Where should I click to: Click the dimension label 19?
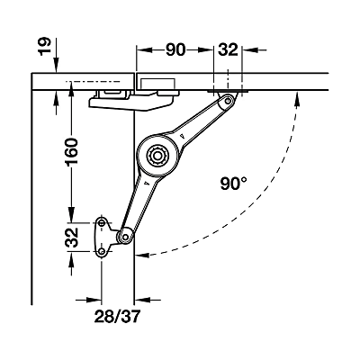(45, 47)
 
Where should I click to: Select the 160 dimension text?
(72, 151)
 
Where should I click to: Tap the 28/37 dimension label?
(117, 316)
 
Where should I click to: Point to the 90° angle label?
(234, 184)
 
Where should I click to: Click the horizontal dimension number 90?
(175, 49)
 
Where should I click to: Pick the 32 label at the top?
(228, 49)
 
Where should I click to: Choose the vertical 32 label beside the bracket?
(72, 238)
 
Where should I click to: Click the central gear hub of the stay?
(157, 156)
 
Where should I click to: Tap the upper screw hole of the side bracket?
(102, 223)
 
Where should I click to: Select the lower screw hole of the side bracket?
(102, 251)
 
